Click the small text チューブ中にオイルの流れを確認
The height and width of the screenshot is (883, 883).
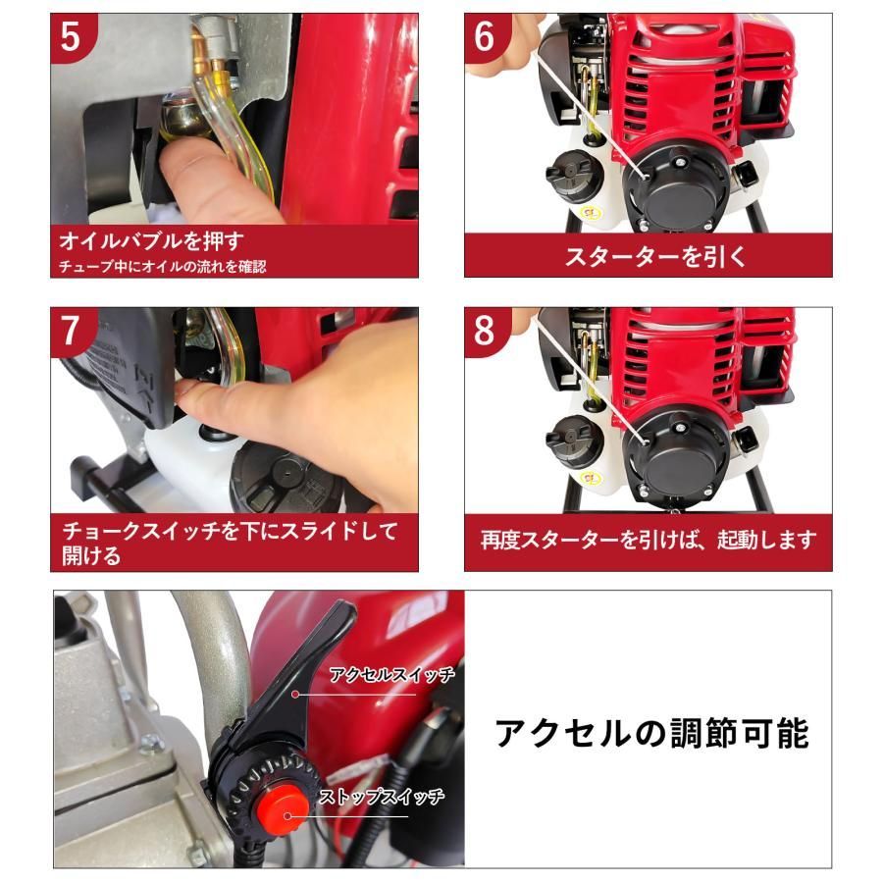[x=163, y=265]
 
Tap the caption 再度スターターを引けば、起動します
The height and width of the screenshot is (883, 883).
[x=649, y=541]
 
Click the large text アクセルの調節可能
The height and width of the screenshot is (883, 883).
[x=651, y=732]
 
